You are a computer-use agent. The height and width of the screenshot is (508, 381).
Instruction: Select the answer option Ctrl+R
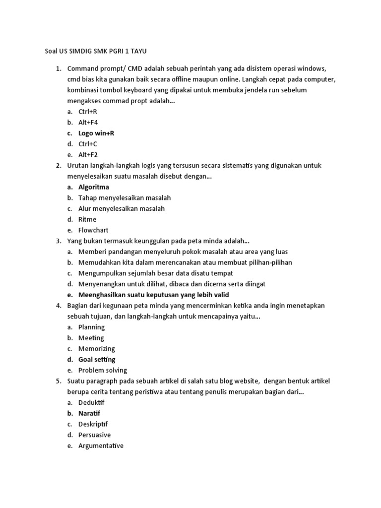pos(87,112)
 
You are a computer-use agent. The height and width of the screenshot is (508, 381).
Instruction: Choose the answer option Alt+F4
pos(88,123)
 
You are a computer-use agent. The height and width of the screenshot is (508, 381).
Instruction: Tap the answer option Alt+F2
pos(88,155)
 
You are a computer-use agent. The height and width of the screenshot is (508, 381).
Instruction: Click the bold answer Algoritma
pos(93,187)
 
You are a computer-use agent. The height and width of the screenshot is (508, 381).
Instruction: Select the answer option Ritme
pos(87,219)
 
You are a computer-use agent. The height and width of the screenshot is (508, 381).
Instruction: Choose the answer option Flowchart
pos(93,230)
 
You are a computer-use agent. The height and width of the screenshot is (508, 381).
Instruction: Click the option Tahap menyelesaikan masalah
pos(124,198)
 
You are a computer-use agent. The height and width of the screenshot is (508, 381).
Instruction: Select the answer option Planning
pos(91,327)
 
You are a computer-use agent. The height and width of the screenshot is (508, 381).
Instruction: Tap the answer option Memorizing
pos(96,349)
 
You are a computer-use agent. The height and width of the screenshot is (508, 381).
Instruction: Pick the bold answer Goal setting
pos(96,359)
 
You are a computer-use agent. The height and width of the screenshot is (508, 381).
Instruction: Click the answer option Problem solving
pos(102,370)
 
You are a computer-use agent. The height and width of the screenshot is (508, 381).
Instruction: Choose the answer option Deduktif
pos(91,402)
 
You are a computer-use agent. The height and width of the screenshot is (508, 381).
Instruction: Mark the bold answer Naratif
pos(89,413)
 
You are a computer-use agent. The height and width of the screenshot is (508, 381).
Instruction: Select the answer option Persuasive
pos(94,435)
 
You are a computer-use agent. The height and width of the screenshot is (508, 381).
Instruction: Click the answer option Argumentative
pos(101,445)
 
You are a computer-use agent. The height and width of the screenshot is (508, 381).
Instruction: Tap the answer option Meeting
pos(91,338)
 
